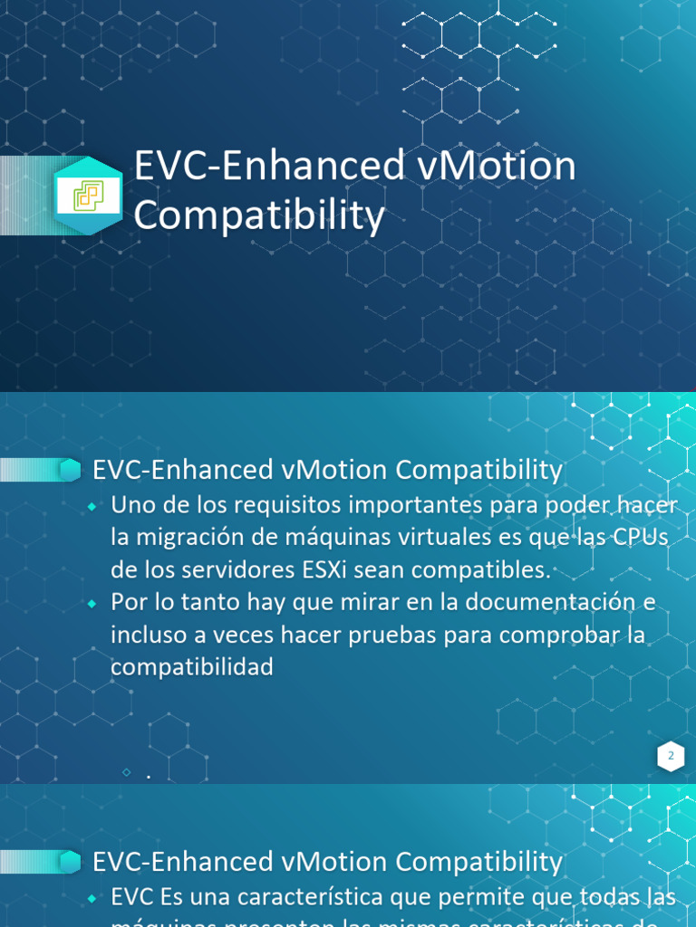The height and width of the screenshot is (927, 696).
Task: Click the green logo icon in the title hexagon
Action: [88, 195]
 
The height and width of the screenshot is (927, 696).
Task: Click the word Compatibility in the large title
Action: [259, 217]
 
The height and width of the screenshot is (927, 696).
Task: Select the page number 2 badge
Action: [671, 756]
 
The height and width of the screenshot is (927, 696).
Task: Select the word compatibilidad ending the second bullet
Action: [191, 667]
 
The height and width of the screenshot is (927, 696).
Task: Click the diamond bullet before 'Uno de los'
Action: [93, 506]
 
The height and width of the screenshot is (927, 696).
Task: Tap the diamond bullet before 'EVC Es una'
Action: [93, 899]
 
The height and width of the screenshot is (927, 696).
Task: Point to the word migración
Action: [199, 537]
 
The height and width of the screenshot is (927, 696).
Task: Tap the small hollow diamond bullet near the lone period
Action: [126, 772]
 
